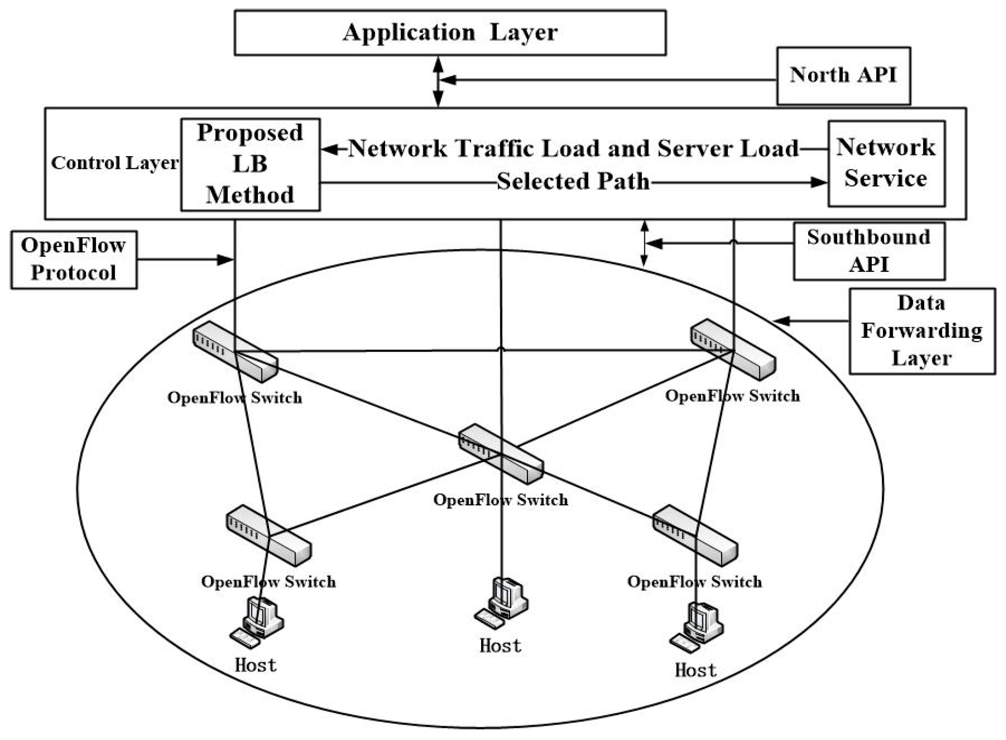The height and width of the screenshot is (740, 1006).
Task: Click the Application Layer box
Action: click(x=450, y=33)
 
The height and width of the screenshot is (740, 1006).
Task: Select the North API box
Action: click(x=843, y=76)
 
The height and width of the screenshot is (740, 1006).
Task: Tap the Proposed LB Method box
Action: click(x=250, y=164)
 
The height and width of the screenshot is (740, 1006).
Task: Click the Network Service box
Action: click(x=885, y=163)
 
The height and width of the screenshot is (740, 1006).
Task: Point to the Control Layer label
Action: click(x=114, y=163)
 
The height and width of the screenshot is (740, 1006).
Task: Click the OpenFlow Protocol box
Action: click(x=74, y=260)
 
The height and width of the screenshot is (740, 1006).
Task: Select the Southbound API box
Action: click(x=869, y=251)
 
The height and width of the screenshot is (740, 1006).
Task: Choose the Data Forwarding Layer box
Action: click(x=922, y=331)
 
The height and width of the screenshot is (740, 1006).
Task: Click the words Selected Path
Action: click(x=573, y=182)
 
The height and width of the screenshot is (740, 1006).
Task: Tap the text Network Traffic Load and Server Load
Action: click(x=573, y=149)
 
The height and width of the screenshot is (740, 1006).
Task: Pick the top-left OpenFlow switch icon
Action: click(x=235, y=352)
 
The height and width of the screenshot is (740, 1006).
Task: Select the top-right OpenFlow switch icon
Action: click(x=733, y=350)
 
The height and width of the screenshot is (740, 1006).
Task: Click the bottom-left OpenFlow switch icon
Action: click(x=269, y=535)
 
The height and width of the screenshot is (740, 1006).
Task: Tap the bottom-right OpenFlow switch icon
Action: click(x=695, y=535)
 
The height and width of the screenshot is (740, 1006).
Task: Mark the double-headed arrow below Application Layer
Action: click(x=438, y=81)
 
